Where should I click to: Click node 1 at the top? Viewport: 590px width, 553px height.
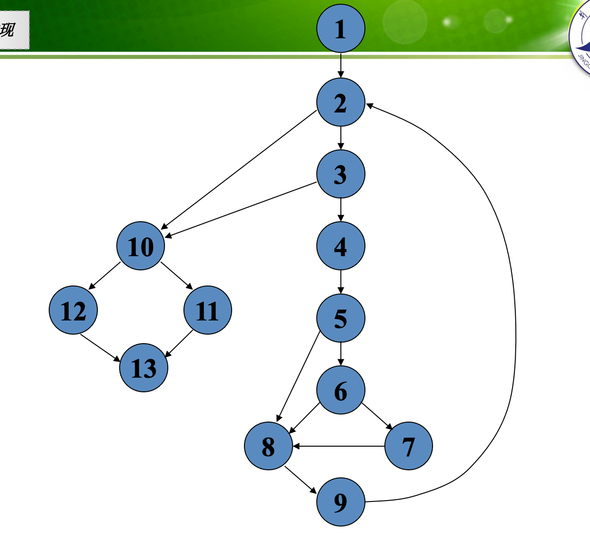(x=340, y=28)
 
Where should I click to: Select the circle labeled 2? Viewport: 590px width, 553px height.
(x=340, y=102)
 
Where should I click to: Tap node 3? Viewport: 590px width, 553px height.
(x=340, y=174)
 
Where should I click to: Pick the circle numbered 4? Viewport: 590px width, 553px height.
(x=340, y=246)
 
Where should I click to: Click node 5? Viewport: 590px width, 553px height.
(x=340, y=318)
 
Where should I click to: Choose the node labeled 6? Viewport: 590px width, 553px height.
(x=340, y=390)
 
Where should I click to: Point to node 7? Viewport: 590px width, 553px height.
(x=408, y=446)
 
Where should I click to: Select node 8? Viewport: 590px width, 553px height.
(x=268, y=446)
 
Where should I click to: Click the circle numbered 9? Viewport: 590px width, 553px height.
(x=340, y=501)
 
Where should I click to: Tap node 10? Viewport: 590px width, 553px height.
(x=140, y=246)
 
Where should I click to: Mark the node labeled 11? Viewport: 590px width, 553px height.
(x=208, y=310)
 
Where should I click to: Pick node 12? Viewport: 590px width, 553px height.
(x=73, y=310)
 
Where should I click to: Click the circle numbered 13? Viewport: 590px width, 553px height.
(x=144, y=368)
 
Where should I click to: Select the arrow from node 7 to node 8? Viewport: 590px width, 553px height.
(x=338, y=446)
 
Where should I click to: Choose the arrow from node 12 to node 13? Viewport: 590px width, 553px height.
(x=100, y=348)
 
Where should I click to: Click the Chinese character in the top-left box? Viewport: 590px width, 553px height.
(x=8, y=30)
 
